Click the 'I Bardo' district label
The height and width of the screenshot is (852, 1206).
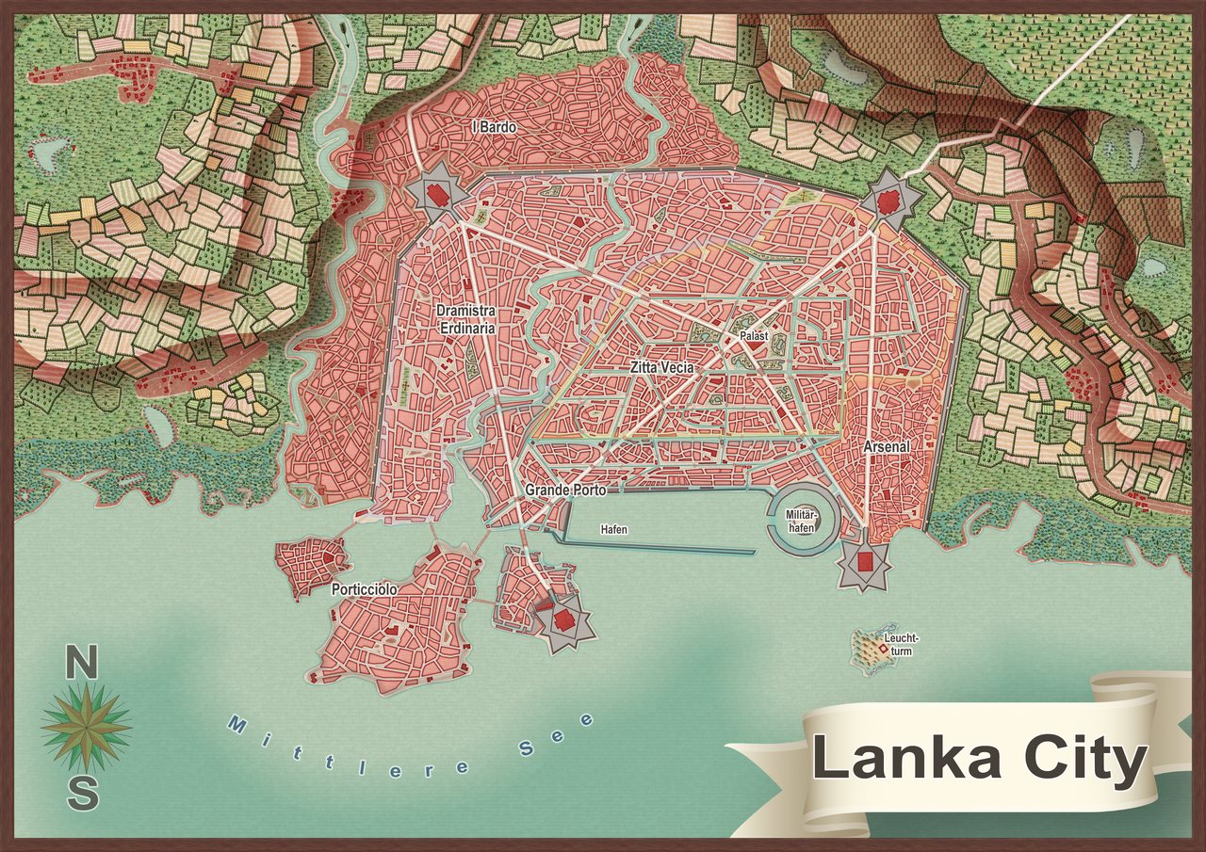click(494, 126)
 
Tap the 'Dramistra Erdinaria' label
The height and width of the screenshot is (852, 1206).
click(465, 319)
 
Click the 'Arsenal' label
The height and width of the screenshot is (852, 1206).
click(887, 447)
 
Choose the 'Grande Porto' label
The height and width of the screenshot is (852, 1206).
click(565, 490)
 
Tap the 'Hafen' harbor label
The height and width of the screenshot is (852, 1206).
click(614, 530)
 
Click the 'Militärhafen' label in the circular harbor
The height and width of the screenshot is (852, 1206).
click(801, 521)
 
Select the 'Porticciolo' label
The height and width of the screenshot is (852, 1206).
click(364, 589)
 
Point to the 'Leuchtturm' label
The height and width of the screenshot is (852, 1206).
click(900, 644)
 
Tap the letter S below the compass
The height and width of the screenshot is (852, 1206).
click(83, 794)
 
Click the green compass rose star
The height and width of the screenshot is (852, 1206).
click(86, 728)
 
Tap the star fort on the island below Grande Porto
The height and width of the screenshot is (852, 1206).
click(562, 619)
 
